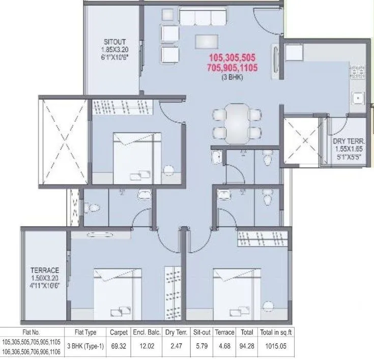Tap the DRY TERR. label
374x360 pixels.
(x=348, y=141)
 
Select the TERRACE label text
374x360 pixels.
(x=45, y=270)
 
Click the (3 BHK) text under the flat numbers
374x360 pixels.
(x=232, y=77)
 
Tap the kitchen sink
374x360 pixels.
(x=358, y=98)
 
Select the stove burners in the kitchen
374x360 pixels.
(x=355, y=69)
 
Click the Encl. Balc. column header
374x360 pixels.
(x=147, y=333)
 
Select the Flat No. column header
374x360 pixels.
(x=31, y=333)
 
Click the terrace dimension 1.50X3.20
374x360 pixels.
(x=45, y=278)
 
